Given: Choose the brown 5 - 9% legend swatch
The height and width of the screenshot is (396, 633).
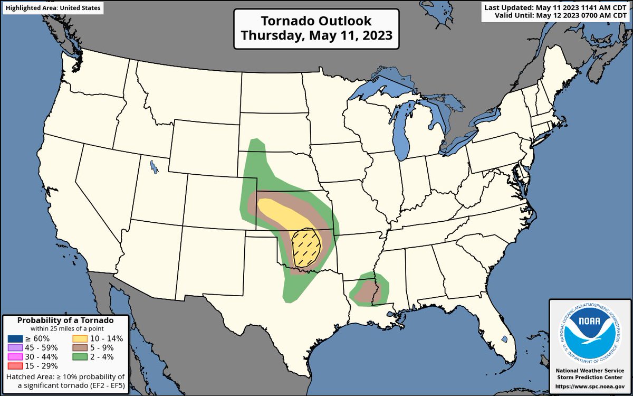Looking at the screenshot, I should [x=80, y=347].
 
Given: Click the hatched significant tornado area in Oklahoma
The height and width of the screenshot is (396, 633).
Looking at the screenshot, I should [x=306, y=247].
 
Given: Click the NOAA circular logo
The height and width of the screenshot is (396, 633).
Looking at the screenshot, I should [x=590, y=333].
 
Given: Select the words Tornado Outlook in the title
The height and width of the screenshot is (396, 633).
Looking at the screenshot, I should [x=316, y=21].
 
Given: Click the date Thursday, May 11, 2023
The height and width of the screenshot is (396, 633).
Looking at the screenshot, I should [x=316, y=35].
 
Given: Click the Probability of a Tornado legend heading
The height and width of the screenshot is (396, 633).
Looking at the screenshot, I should [x=65, y=320].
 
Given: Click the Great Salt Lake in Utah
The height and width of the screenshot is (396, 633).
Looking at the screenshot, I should [x=153, y=167].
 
